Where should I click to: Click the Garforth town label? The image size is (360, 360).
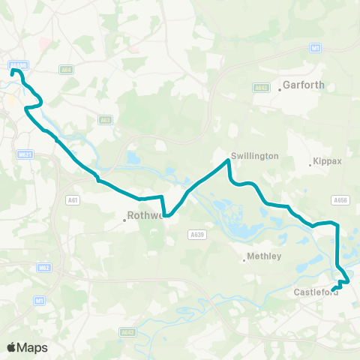click(x=304, y=85)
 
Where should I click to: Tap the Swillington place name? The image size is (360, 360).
click(x=255, y=156)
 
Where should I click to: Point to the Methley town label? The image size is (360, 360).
click(x=264, y=256)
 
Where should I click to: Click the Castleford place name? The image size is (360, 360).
click(x=316, y=292)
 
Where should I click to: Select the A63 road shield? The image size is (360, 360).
click(x=105, y=119)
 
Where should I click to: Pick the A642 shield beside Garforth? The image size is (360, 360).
click(x=261, y=88)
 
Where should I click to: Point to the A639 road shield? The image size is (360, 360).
click(x=197, y=235)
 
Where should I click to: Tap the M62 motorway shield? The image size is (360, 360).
click(x=43, y=267)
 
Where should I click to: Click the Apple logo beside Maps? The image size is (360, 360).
click(x=11, y=347)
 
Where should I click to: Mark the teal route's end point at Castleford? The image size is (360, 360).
click(x=333, y=288)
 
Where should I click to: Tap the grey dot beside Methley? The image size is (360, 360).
click(x=244, y=261)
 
